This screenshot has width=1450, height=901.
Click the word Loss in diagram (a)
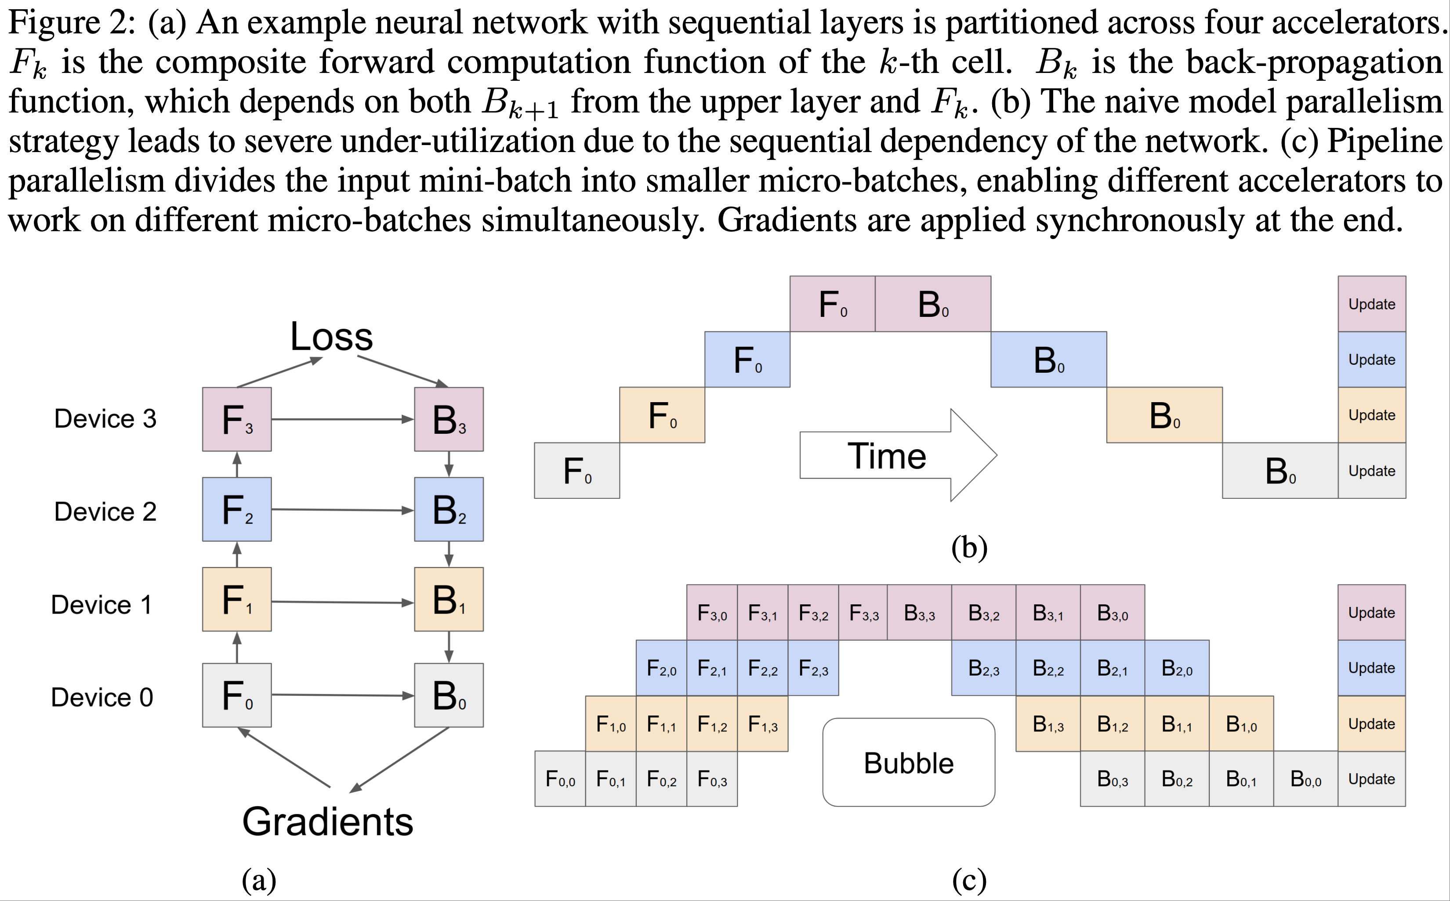[x=331, y=337]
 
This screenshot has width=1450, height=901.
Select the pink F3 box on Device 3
[x=236, y=419]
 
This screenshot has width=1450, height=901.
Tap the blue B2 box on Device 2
[x=449, y=509]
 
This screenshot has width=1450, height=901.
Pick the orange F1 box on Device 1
[x=236, y=599]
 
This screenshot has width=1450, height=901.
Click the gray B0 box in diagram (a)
[x=449, y=695]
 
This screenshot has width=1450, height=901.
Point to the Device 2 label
[x=105, y=511]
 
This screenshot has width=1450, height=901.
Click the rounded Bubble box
[x=909, y=762]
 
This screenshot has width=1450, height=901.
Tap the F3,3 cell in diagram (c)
[x=863, y=613]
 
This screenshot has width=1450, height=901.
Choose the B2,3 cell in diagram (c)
[x=983, y=668]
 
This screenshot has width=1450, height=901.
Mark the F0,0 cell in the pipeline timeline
[x=560, y=779]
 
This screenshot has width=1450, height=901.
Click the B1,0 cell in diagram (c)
[x=1241, y=723]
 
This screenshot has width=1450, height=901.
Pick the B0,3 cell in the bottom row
[x=1112, y=779]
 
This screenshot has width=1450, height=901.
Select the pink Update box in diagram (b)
[x=1371, y=304]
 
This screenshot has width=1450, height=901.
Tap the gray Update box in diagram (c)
[x=1371, y=779]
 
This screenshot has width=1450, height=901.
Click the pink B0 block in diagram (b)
[x=933, y=304]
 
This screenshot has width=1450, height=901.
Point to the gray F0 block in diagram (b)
[x=576, y=471]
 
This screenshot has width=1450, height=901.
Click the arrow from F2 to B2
[x=343, y=509]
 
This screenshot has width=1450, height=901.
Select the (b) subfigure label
[x=969, y=547]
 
